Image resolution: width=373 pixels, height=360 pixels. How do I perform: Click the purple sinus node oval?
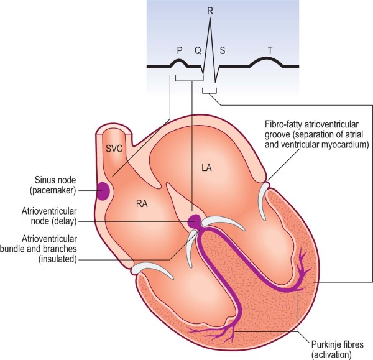[103, 190]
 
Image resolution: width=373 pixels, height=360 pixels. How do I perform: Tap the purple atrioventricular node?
[194, 220]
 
